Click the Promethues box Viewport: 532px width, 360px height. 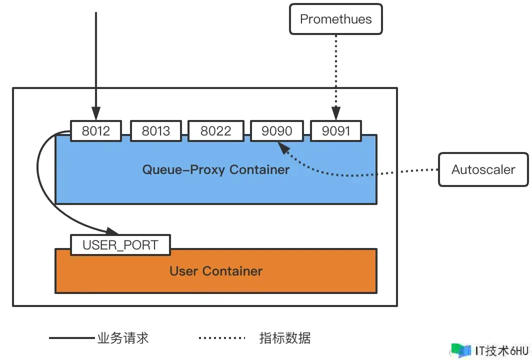tap(336, 19)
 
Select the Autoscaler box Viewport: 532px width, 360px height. tap(483, 169)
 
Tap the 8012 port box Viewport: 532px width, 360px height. tap(96, 130)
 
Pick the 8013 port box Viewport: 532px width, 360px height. tap(155, 130)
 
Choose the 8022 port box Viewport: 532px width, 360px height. tap(216, 130)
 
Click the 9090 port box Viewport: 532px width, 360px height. tap(277, 130)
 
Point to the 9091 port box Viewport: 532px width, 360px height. tap(336, 130)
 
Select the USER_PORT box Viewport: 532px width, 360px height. tap(120, 244)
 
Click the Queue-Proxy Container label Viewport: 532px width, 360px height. tap(216, 169)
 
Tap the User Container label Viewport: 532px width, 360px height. tap(216, 271)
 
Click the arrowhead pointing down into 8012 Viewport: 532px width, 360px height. tap(96, 113)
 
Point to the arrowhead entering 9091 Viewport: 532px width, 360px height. tap(336, 113)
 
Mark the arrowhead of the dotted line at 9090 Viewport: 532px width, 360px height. tap(283, 147)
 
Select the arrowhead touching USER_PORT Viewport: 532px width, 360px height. tap(111, 231)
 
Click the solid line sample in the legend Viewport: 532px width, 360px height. tap(72, 338)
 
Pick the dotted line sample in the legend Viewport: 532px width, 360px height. tap(222, 338)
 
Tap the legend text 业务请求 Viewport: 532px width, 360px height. tap(123, 338)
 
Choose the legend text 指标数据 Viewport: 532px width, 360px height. tap(285, 338)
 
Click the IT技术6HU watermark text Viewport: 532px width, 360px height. tap(502, 350)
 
